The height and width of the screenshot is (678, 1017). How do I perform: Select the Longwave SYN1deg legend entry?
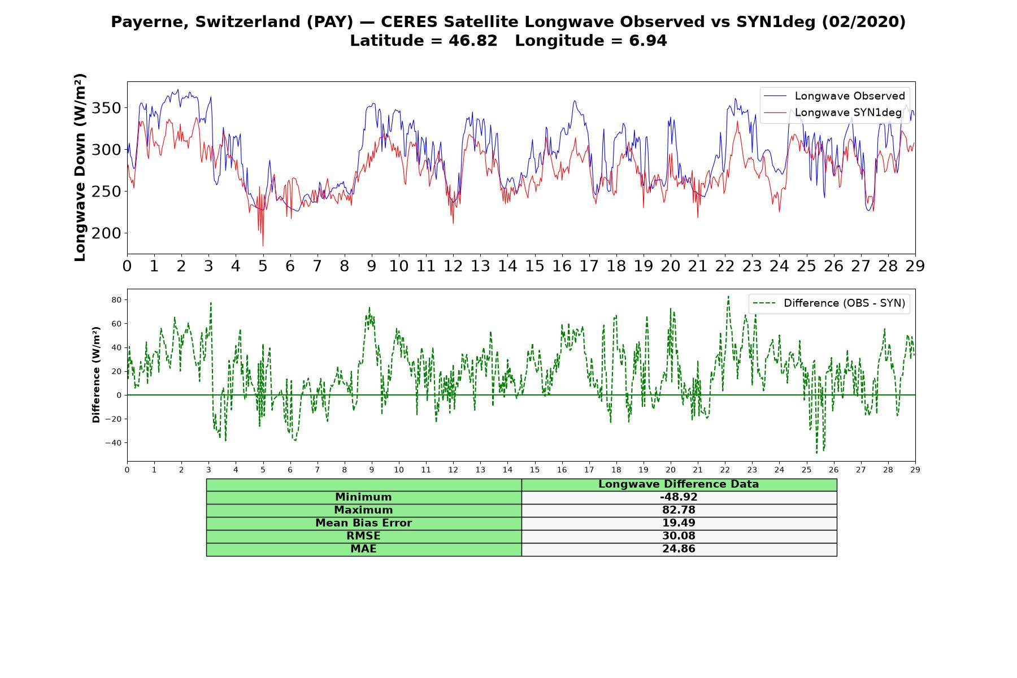coord(833,113)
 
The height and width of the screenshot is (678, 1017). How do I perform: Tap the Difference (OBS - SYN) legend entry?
coord(829,303)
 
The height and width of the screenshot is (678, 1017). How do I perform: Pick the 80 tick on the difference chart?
coord(117,299)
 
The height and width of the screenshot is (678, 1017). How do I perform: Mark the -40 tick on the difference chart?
coord(114,442)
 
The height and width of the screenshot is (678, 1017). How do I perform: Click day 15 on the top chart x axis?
coord(534,266)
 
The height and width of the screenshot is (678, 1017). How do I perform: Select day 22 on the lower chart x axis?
coord(725,470)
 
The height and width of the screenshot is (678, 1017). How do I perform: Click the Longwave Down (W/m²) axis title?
coord(80,167)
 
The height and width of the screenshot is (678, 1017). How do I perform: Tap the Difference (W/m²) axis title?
coord(96,375)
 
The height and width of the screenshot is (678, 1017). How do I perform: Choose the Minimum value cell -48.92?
coord(679,497)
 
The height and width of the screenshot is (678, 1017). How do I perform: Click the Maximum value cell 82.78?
coord(679,510)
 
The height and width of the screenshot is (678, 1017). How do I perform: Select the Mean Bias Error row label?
coord(363,523)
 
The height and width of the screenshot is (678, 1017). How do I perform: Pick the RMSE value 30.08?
coord(679,536)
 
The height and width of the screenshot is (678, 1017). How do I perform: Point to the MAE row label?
coord(363,549)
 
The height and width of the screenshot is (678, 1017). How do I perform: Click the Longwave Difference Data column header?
coord(679,484)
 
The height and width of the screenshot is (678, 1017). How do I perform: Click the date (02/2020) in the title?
coord(863,22)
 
